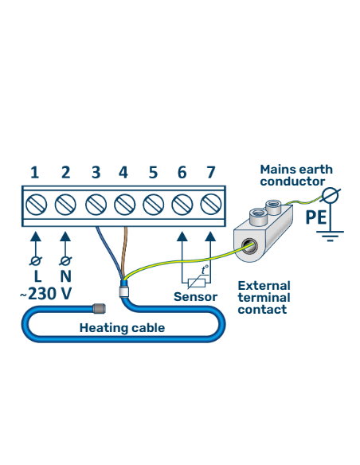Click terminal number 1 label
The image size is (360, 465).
point(34,172)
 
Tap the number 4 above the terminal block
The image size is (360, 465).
point(123,172)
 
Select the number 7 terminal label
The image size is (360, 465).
point(210,172)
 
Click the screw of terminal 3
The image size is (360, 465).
point(94,204)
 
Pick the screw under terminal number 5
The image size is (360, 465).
point(153,204)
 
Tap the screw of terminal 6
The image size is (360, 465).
point(182,204)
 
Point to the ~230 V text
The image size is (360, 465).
point(45,293)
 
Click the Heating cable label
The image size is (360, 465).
point(122,327)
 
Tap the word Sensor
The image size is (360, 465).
point(195,297)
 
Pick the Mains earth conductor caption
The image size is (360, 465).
point(296,175)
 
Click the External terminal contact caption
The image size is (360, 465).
point(264,297)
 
